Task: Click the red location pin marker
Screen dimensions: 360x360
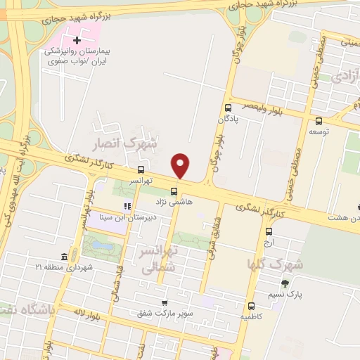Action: pyautogui.click(x=181, y=166)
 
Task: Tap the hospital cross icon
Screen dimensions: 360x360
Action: pyautogui.click(x=77, y=40)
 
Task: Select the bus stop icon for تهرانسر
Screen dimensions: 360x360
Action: pyautogui.click(x=141, y=169)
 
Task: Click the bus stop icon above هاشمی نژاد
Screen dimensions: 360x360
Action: pyautogui.click(x=174, y=191)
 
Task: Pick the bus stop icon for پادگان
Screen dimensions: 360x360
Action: pyautogui.click(x=228, y=108)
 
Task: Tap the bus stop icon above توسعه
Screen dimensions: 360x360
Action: pyautogui.click(x=319, y=120)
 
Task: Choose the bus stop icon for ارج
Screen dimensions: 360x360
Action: pyautogui.click(x=269, y=231)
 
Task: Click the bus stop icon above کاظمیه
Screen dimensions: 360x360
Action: pyautogui.click(x=252, y=306)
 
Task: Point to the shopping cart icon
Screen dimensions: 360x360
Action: pyautogui.click(x=165, y=303)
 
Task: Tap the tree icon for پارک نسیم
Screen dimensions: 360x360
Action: pyautogui.click(x=284, y=284)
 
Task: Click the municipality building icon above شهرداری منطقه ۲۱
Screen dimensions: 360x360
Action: pyautogui.click(x=65, y=255)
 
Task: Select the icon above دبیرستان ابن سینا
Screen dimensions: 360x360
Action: pyautogui.click(x=127, y=207)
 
